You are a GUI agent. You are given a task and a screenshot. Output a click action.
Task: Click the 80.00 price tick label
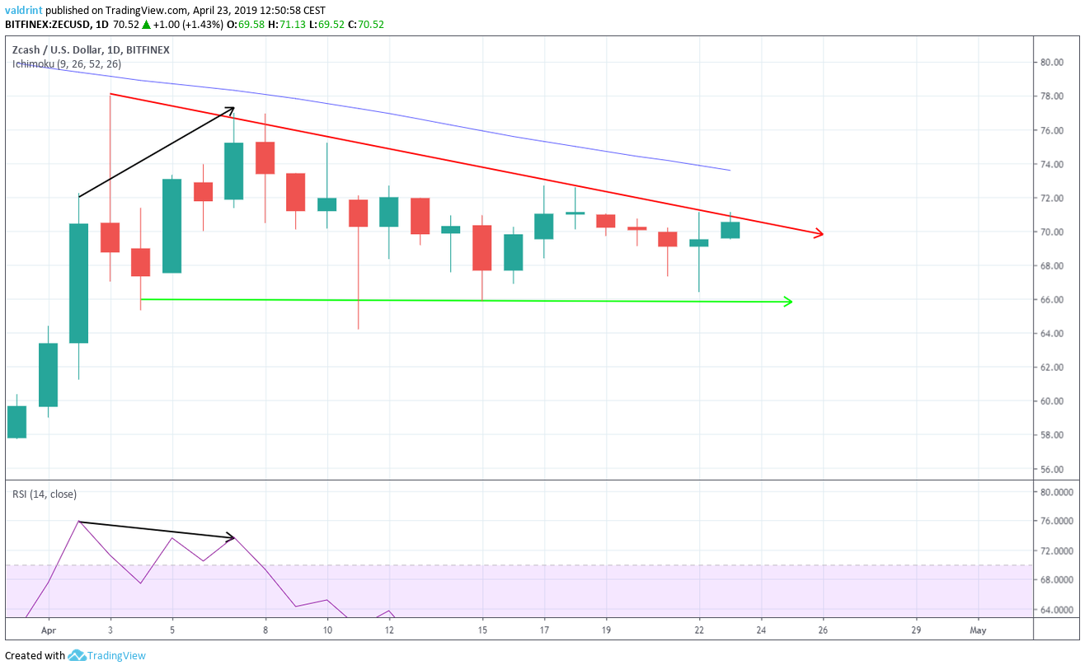tap(1050, 62)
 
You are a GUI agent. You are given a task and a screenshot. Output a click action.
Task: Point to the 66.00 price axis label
tap(1050, 300)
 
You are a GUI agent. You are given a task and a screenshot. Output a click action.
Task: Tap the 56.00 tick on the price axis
tap(1050, 470)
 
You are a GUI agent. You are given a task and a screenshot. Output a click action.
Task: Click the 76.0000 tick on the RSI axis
tap(1055, 522)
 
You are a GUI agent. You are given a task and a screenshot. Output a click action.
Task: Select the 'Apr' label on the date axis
tap(48, 630)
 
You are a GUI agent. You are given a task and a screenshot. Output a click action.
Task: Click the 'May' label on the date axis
tap(979, 630)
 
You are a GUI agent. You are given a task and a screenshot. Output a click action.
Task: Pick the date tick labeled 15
tap(482, 630)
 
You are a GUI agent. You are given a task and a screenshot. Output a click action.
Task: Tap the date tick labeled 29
tap(917, 630)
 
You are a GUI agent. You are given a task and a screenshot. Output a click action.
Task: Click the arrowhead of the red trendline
tap(819, 233)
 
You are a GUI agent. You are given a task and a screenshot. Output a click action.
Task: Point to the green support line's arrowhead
tap(787, 302)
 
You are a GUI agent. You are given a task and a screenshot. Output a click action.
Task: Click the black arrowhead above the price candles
tap(231, 109)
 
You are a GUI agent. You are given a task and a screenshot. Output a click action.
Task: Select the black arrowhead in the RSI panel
tap(231, 538)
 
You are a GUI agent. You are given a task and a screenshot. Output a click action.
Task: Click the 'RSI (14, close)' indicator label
tap(45, 494)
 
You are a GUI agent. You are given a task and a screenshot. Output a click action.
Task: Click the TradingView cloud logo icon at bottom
tap(77, 656)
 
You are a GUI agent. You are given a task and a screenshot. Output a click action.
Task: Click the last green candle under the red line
tap(730, 230)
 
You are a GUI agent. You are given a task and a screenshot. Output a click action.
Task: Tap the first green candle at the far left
tap(16, 421)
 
